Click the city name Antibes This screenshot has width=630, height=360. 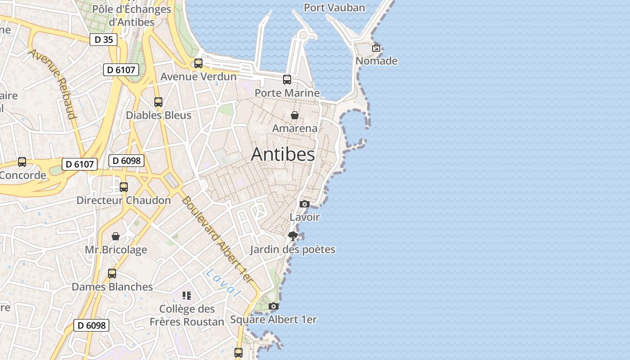pyautogui.click(x=283, y=154)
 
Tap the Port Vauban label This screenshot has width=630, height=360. pyautogui.click(x=334, y=8)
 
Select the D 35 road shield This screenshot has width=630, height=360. pyautogui.click(x=103, y=40)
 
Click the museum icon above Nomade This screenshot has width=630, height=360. pyautogui.click(x=376, y=48)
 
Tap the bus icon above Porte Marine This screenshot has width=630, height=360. pyautogui.click(x=287, y=80)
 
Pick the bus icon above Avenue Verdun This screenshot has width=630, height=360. pyautogui.click(x=198, y=63)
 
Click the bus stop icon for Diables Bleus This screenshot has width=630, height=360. pyautogui.click(x=158, y=102)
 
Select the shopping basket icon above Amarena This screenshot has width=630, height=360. pyautogui.click(x=295, y=115)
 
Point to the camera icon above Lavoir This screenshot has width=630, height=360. pyautogui.click(x=305, y=204)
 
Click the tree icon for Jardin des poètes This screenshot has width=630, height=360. pyautogui.click(x=293, y=236)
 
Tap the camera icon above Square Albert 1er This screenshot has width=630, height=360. pyautogui.click(x=273, y=306)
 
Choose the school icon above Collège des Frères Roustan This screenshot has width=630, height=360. pyautogui.click(x=187, y=296)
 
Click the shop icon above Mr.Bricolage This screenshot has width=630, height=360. pyautogui.click(x=116, y=236)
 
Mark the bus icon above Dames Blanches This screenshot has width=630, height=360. pyautogui.click(x=112, y=274)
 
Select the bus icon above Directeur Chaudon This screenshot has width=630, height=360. pyautogui.click(x=124, y=187)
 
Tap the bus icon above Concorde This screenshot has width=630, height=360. pyautogui.click(x=22, y=162)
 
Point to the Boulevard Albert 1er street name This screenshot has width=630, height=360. pyautogui.click(x=218, y=241)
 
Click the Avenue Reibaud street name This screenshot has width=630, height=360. pyautogui.click(x=52, y=84)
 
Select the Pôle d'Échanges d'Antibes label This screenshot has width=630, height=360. pyautogui.click(x=132, y=15)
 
